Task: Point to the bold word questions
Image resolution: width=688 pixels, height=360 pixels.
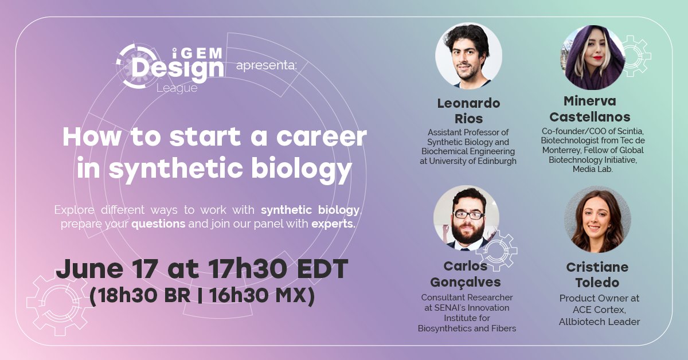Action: tap(158, 223)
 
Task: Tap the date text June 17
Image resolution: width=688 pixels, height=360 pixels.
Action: tap(103, 269)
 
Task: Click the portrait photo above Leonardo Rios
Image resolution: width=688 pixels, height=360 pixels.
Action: tap(468, 56)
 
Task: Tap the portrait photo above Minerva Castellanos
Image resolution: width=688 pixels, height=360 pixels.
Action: tap(592, 57)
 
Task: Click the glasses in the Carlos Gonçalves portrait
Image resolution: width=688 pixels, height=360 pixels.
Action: tap(468, 215)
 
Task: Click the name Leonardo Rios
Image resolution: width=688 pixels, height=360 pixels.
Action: tap(468, 111)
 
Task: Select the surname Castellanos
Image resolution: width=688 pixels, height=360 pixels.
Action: tap(590, 117)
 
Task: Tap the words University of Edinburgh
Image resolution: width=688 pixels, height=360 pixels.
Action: tap(468, 161)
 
